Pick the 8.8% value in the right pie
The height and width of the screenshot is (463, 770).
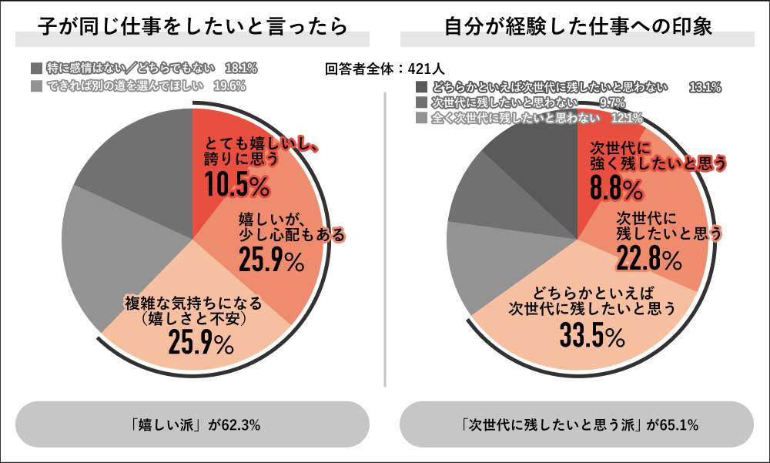pyautogui.click(x=616, y=188)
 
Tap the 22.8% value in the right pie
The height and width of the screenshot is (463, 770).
pyautogui.click(x=648, y=260)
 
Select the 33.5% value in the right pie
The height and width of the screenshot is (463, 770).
pyautogui.click(x=592, y=337)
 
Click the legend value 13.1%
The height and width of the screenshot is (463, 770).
pyautogui.click(x=704, y=87)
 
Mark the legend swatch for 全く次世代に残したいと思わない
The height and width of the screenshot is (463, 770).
pyautogui.click(x=420, y=118)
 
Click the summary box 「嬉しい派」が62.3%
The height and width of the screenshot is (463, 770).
pyautogui.click(x=192, y=424)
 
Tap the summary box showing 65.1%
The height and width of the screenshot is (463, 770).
pyautogui.click(x=577, y=424)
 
